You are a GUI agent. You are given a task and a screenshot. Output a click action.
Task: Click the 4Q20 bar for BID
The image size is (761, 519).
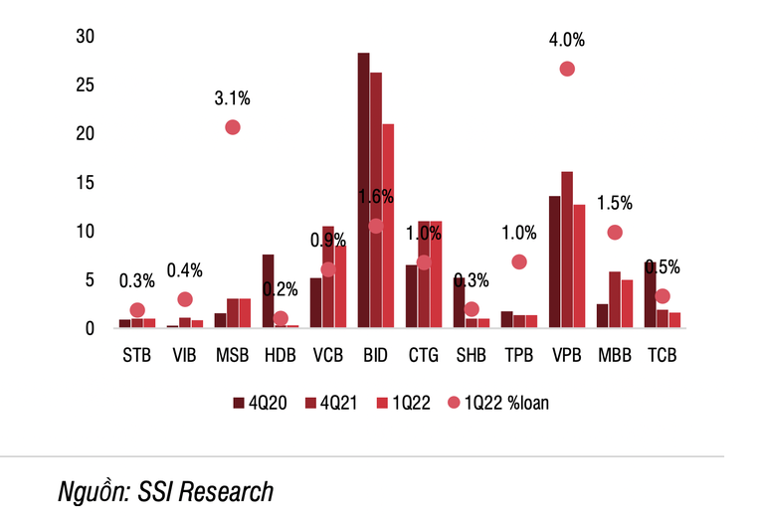364,190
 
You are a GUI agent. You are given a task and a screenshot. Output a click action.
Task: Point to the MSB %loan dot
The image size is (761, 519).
233,127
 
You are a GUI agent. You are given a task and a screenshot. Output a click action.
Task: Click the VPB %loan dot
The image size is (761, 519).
567,69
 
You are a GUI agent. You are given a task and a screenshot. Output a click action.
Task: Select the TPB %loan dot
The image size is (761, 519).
519,261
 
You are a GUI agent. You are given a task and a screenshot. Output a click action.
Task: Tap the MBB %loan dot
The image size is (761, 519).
615,233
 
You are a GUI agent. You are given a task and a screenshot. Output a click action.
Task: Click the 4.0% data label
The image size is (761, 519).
567,41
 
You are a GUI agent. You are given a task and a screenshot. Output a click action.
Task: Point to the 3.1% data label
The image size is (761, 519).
233,98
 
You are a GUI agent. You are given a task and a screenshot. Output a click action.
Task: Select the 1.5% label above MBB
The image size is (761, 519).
615,204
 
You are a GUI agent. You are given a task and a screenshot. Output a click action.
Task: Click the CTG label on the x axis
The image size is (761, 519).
424,355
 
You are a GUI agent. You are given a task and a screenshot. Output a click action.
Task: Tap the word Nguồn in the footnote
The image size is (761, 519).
93,490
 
